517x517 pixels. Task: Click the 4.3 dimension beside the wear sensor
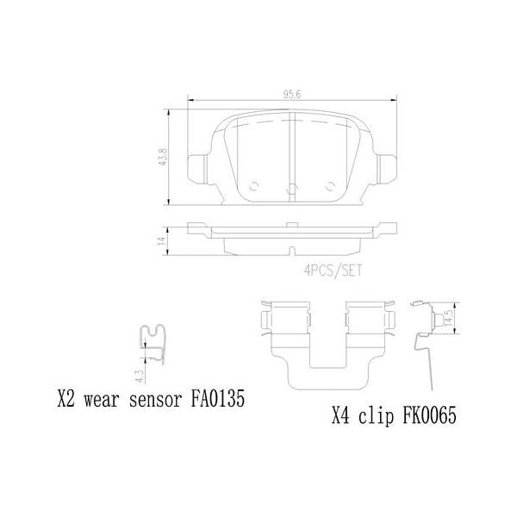click(x=139, y=372)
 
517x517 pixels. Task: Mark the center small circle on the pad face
click(x=291, y=190)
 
